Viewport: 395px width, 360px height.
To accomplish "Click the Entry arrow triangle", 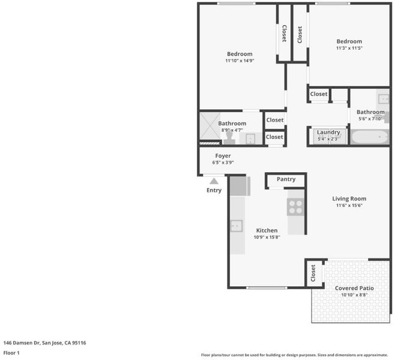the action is (214, 181).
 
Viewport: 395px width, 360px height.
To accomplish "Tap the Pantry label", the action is (286, 179).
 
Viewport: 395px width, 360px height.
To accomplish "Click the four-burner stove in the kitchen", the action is (295, 207).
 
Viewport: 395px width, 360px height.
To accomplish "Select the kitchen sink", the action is (237, 226).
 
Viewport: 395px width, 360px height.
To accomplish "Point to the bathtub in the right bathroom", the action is (370, 137).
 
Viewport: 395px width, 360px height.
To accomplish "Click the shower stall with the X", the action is (210, 126).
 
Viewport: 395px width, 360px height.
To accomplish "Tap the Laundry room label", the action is (328, 132).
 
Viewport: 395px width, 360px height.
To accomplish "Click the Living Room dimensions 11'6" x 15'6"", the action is (349, 205).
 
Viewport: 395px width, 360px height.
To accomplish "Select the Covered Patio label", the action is (354, 288).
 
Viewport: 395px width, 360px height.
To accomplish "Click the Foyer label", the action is (223, 156).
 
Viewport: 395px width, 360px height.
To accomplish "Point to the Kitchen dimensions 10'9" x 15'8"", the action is (267, 237).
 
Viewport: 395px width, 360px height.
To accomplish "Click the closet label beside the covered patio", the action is (313, 273).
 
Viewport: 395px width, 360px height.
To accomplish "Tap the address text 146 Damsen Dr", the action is (22, 343).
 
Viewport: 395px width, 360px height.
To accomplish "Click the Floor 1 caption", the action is (11, 353).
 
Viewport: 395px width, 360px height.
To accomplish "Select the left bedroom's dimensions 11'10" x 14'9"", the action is (240, 61).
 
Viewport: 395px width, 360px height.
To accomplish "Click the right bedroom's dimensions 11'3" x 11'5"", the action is (349, 48).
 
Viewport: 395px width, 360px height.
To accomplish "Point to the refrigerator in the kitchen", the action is (240, 186).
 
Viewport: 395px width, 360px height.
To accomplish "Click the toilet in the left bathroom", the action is (229, 138).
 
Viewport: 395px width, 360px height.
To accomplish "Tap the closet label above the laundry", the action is (319, 94).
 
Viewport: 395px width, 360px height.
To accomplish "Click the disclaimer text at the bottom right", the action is (295, 355).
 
